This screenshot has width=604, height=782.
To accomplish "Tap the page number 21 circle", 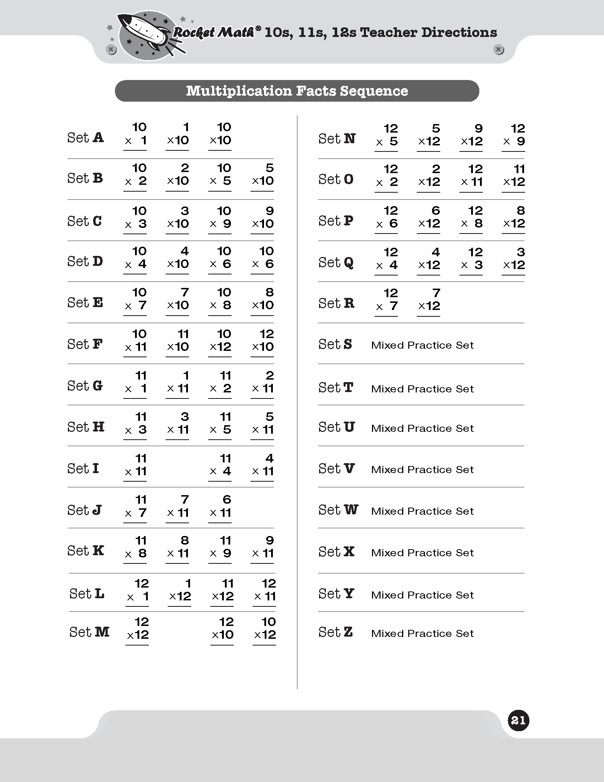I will click(x=518, y=720).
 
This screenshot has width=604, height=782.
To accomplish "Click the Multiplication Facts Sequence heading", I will click(x=297, y=91).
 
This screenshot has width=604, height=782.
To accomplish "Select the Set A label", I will click(x=86, y=138).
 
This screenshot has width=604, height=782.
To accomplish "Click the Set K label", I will click(x=86, y=551).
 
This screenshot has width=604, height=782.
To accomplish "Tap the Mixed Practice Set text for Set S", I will click(x=422, y=345).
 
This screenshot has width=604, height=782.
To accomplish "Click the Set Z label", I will click(x=336, y=632).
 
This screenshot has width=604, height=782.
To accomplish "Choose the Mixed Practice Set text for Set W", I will click(x=422, y=511).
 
